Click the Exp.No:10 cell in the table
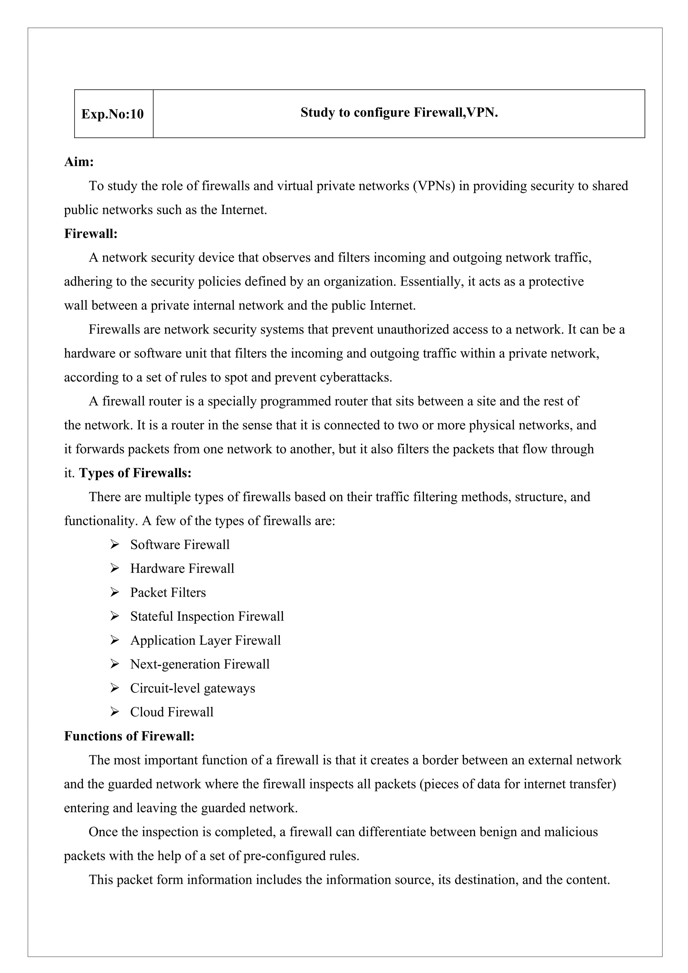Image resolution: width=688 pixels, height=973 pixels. click(x=113, y=114)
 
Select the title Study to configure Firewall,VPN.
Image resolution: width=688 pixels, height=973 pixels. click(x=399, y=113)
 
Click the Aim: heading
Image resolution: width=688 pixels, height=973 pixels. click(x=79, y=162)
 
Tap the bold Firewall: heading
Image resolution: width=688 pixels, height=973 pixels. click(x=91, y=234)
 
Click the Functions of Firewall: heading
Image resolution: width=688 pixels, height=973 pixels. click(x=129, y=736)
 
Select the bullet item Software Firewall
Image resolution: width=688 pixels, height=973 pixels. click(x=180, y=545)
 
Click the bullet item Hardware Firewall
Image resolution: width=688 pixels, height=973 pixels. click(x=182, y=568)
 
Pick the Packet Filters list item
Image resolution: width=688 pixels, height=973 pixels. click(x=168, y=592)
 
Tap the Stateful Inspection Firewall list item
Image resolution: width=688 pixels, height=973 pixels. click(x=207, y=616)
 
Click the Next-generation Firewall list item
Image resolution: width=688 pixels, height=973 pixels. click(x=200, y=664)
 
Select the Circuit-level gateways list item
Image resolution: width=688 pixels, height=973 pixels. click(x=192, y=688)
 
